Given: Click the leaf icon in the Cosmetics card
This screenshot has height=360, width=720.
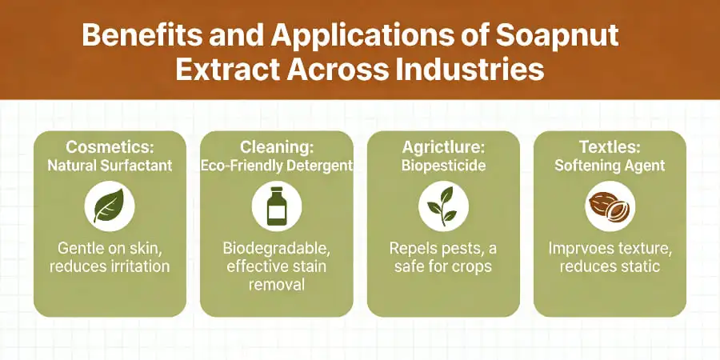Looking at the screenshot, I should click(110, 207).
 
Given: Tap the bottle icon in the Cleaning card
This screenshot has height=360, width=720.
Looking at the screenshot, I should click(276, 207).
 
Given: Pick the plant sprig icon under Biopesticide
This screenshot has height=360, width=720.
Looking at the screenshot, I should click(443, 207).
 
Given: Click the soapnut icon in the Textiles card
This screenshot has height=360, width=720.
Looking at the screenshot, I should click(610, 207).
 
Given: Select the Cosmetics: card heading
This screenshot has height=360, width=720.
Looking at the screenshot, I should click(110, 147).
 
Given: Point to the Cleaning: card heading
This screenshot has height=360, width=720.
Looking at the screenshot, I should click(276, 147).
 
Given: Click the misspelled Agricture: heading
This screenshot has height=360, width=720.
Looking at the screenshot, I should click(443, 147).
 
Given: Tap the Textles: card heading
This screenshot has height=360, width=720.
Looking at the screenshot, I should click(610, 147).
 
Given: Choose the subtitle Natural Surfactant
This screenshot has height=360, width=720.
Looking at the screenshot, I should click(110, 166).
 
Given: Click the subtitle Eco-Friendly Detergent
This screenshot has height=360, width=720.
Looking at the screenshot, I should click(276, 166).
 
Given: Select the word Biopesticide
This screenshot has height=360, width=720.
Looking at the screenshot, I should click(443, 166).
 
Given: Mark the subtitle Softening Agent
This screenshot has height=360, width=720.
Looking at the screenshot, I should click(610, 166).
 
